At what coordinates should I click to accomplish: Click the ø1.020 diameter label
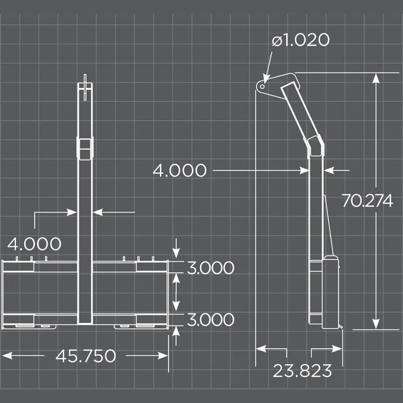pyautogui.click(x=301, y=40)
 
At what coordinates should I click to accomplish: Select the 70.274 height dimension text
pyautogui.click(x=367, y=201)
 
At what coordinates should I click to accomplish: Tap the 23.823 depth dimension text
pyautogui.click(x=302, y=371)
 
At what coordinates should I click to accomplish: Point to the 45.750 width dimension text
pyautogui.click(x=85, y=356)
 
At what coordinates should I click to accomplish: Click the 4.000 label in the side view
pyautogui.click(x=180, y=170)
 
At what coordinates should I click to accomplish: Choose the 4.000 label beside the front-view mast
pyautogui.click(x=35, y=244)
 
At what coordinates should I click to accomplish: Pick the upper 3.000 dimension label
pyautogui.click(x=210, y=268)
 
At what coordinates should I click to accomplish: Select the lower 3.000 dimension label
pyautogui.click(x=210, y=320)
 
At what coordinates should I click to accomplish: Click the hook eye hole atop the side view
pyautogui.click(x=262, y=87)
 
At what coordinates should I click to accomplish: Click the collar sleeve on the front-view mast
pyautogui.click(x=85, y=149)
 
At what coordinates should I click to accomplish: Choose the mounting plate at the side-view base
pyautogui.click(x=330, y=291)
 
